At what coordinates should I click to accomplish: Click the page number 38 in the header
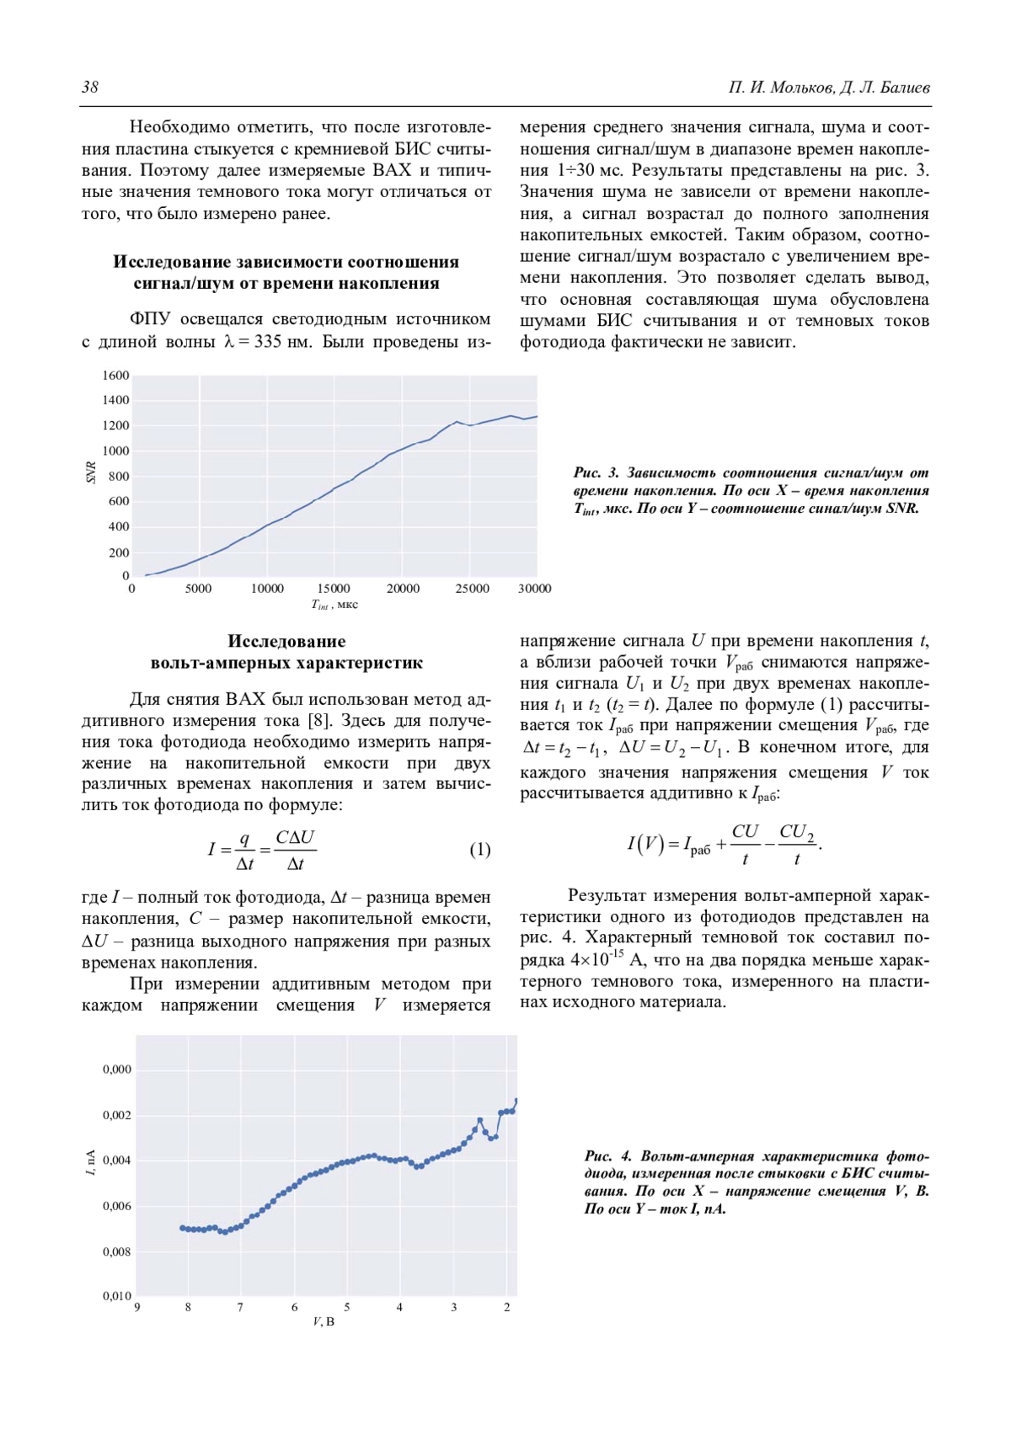click(90, 88)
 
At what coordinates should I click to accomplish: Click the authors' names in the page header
click(829, 88)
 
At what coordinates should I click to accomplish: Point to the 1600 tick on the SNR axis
click(116, 376)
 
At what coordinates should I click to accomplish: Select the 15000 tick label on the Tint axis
click(334, 589)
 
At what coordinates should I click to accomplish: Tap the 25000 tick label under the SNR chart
click(472, 589)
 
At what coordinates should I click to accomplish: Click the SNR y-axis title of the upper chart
click(91, 473)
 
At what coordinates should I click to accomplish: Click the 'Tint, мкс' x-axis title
click(334, 605)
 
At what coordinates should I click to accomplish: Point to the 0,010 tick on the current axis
click(117, 1296)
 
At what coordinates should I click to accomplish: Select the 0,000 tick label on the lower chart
click(117, 1070)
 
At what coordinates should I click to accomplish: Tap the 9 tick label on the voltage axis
click(136, 1308)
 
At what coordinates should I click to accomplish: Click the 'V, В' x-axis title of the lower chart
click(324, 1322)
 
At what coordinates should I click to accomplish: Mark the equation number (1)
click(479, 849)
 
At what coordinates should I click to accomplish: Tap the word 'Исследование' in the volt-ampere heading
click(286, 642)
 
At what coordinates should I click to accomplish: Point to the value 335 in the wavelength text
click(267, 342)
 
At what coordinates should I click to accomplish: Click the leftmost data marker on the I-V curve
click(183, 1228)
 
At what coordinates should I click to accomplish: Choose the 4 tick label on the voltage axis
click(399, 1308)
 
